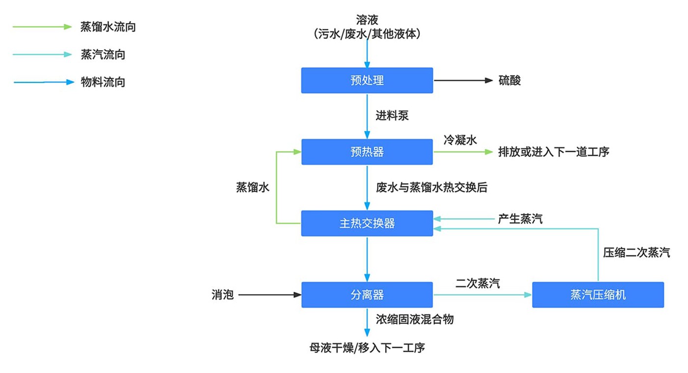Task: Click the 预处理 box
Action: (x=367, y=80)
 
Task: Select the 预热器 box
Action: (x=367, y=152)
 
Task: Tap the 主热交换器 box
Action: (x=367, y=224)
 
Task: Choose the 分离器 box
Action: (x=367, y=295)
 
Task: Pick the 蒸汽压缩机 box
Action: (x=598, y=295)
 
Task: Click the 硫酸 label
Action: (x=510, y=81)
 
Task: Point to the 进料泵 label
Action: (x=392, y=116)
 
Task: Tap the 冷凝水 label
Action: (x=460, y=140)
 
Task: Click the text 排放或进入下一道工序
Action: (x=553, y=152)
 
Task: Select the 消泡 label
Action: (x=223, y=295)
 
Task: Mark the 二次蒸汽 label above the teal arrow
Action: (x=478, y=283)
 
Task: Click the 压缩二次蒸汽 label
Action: (x=636, y=253)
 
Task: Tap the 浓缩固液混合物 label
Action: (x=414, y=319)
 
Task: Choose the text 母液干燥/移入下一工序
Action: (x=367, y=348)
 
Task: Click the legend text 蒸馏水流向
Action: (x=108, y=27)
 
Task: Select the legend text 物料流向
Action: (x=103, y=82)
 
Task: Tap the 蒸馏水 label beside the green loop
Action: (x=253, y=187)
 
